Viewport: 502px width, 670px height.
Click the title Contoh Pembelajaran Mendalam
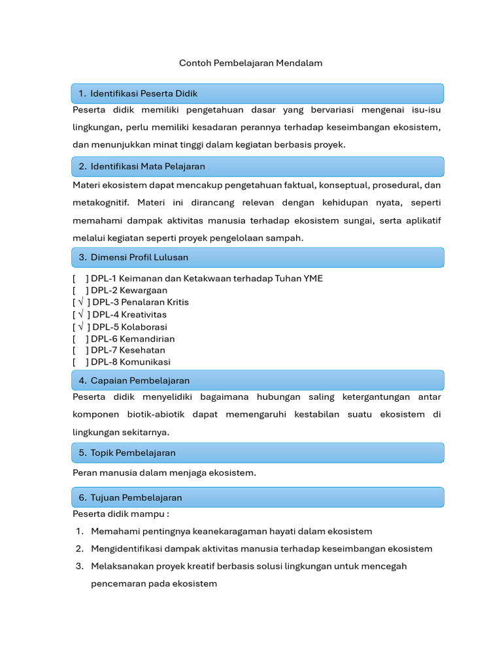click(x=251, y=63)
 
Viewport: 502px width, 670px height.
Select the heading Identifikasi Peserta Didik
click(x=144, y=94)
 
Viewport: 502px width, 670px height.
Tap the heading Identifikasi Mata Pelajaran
click(x=148, y=167)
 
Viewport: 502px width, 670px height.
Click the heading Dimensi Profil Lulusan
click(x=139, y=257)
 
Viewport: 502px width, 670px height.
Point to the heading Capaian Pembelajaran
click(x=140, y=380)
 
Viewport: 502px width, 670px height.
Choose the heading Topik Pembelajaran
click(x=133, y=453)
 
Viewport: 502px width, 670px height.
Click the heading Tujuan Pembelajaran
click(x=136, y=498)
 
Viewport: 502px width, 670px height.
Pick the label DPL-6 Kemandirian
click(x=133, y=339)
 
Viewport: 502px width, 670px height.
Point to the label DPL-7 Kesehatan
click(x=128, y=350)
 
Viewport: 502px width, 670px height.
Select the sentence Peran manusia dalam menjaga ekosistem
click(x=164, y=473)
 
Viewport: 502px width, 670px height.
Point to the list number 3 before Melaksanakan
click(x=78, y=566)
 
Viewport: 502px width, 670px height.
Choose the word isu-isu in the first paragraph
click(x=426, y=110)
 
